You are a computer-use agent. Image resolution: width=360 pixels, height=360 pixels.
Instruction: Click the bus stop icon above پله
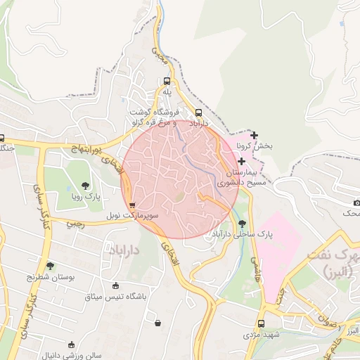pyautogui.click(x=167, y=80)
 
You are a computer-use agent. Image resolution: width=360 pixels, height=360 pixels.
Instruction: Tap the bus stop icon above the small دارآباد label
pyautogui.click(x=198, y=112)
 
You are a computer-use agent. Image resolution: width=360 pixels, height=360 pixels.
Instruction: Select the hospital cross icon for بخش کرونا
pyautogui.click(x=254, y=135)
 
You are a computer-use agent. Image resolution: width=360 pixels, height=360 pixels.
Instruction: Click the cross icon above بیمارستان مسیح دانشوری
pyautogui.click(x=242, y=161)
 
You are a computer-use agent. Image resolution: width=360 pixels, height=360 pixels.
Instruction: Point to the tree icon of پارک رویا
pyautogui.click(x=85, y=186)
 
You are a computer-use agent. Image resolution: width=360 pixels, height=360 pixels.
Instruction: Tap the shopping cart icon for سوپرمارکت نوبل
pyautogui.click(x=132, y=205)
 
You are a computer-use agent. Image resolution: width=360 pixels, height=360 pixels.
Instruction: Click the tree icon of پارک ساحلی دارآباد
pyautogui.click(x=243, y=223)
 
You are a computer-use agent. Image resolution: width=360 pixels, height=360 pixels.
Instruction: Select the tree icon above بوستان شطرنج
pyautogui.click(x=50, y=266)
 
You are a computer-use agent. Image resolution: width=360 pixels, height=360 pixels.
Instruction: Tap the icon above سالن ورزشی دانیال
pyautogui.click(x=70, y=345)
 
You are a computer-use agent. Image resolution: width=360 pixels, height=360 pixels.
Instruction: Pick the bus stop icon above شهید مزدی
pyautogui.click(x=262, y=324)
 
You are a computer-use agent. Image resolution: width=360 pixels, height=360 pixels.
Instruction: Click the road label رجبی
pyautogui.click(x=75, y=224)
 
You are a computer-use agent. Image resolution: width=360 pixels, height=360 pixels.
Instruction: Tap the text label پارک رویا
pyautogui.click(x=88, y=197)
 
